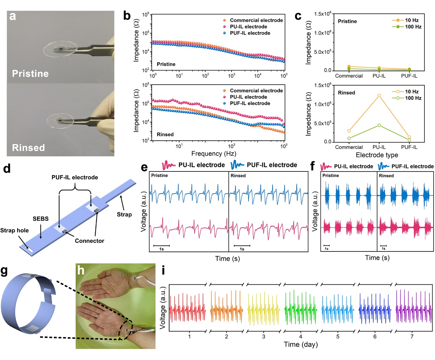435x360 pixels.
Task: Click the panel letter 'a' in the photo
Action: [x=13, y=16]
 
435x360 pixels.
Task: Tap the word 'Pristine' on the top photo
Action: [x=30, y=74]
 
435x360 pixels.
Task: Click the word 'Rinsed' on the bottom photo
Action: [x=28, y=147]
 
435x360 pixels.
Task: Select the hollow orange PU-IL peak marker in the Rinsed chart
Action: [x=379, y=96]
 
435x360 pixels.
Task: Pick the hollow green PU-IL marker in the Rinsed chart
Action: [x=379, y=125]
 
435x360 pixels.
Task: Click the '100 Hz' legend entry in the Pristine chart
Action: [x=413, y=27]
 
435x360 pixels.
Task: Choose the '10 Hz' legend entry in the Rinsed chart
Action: [x=412, y=91]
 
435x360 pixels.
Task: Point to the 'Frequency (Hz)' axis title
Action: [x=214, y=154]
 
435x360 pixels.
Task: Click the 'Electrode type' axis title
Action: [x=377, y=155]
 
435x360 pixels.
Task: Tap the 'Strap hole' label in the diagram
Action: [x=14, y=230]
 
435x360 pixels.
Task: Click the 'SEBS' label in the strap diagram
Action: [x=40, y=219]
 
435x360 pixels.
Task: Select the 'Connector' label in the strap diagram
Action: [x=89, y=241]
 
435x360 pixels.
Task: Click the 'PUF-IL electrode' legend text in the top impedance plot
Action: [x=250, y=33]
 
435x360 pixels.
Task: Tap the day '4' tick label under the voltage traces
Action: [x=300, y=336]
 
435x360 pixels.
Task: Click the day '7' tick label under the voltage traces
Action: [x=412, y=336]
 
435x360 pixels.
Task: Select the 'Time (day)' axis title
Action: [x=301, y=344]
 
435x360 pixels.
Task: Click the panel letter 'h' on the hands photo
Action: [x=80, y=270]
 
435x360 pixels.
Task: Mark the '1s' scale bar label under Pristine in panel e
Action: [x=161, y=249]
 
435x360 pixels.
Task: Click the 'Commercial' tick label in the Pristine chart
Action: [x=349, y=76]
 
